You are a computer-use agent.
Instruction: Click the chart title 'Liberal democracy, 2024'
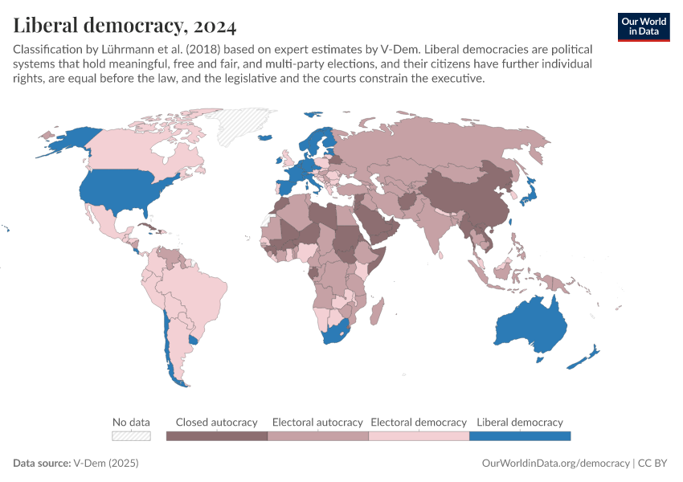tap(125, 26)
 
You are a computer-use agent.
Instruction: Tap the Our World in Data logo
tap(643, 27)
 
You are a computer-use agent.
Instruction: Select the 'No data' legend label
tap(131, 422)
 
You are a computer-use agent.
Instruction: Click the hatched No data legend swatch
tap(131, 436)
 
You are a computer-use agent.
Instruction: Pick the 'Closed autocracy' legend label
tap(216, 422)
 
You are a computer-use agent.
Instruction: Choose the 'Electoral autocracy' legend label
tap(317, 422)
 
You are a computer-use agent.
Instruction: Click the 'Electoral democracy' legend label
tap(419, 422)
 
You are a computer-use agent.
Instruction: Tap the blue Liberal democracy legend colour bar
tap(520, 436)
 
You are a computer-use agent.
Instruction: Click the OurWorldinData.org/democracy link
tap(555, 464)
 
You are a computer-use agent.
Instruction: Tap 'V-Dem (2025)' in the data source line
tap(106, 464)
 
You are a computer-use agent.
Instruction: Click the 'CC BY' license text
tap(655, 464)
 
